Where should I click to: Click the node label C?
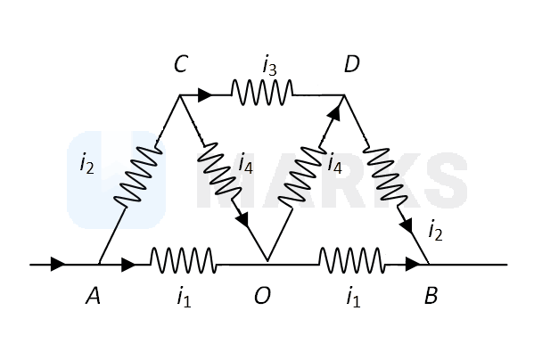coord(180,63)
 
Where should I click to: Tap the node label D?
coord(351,63)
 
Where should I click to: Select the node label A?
coord(93,295)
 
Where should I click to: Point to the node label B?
coord(431,295)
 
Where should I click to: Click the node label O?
coord(263,295)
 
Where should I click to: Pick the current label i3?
coord(269,66)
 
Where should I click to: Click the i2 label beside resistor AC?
coord(86,165)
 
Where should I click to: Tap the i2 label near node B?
coord(435,232)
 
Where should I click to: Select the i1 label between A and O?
coord(184,298)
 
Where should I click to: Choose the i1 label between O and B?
coord(353,298)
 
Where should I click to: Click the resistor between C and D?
coord(262,93)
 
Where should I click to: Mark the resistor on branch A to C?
coord(137,176)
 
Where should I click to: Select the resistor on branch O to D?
coord(301,176)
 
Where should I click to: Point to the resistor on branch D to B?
coord(385,176)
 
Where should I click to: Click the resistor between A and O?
coord(184,260)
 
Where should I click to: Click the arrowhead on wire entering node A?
coord(58,264)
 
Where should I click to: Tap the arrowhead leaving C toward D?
coord(205,94)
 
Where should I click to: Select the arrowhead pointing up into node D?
coord(334,113)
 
